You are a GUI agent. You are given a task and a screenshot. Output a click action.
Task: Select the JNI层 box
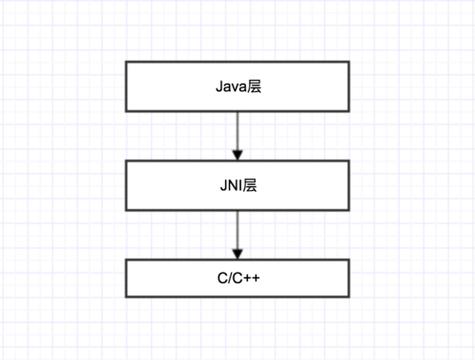point(238,185)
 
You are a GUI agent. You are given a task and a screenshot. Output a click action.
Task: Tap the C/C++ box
point(238,277)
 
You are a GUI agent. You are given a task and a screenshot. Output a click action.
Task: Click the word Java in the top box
point(230,87)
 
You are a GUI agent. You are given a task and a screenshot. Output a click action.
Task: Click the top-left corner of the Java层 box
point(125,62)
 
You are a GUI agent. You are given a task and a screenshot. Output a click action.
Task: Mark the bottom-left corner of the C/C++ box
point(125,297)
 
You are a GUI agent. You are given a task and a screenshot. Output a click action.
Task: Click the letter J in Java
point(219,87)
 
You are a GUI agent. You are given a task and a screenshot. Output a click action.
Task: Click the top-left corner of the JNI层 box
point(125,161)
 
